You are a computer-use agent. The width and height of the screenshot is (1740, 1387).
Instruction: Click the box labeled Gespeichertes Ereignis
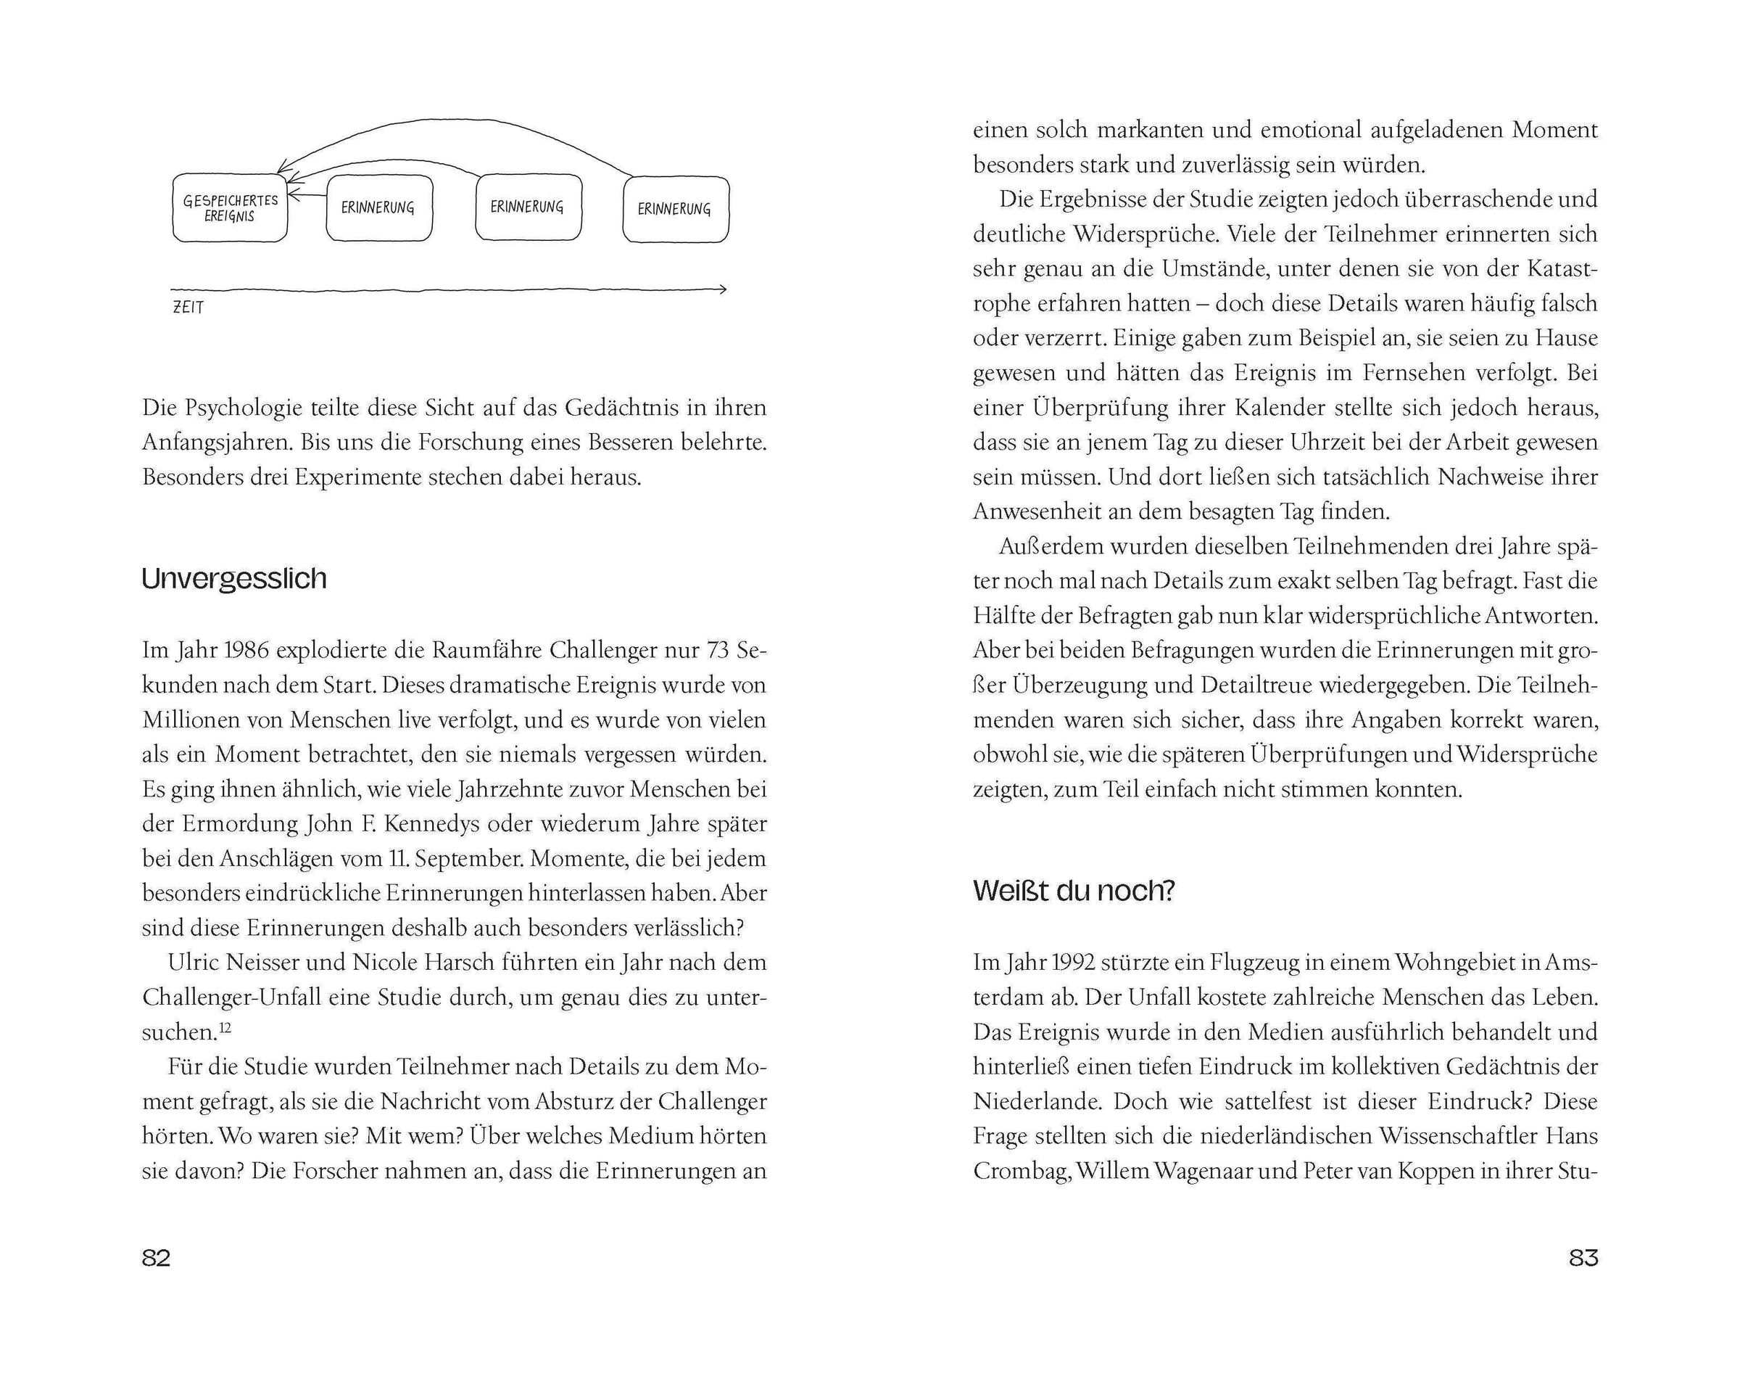point(230,208)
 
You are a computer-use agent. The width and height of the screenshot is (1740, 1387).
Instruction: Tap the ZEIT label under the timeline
point(188,308)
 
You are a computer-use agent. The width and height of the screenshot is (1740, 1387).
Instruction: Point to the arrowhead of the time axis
point(722,289)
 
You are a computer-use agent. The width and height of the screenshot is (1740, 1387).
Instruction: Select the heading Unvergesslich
point(234,579)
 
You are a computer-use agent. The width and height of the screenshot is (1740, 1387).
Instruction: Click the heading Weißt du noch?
point(1074,891)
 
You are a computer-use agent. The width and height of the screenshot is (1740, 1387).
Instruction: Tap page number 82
point(156,1258)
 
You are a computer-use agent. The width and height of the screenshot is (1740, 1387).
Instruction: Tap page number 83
point(1583,1258)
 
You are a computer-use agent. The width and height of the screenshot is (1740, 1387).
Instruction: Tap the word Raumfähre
point(486,650)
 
